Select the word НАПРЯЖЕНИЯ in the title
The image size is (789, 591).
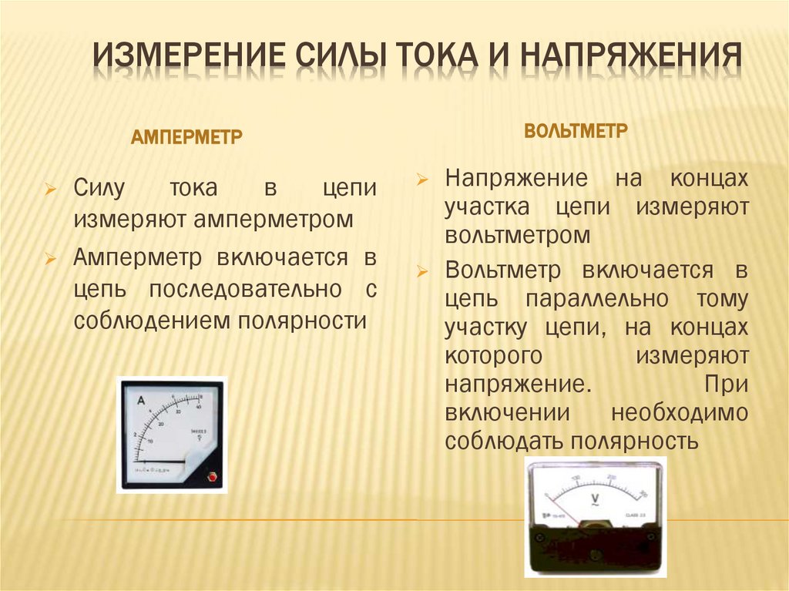631,59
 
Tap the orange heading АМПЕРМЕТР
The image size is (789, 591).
187,138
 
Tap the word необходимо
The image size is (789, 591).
680,411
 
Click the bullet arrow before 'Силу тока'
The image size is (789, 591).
50,190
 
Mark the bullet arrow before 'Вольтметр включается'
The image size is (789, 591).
421,271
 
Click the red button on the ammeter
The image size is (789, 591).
213,477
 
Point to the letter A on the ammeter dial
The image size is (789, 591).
141,401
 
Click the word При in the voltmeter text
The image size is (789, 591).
726,384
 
